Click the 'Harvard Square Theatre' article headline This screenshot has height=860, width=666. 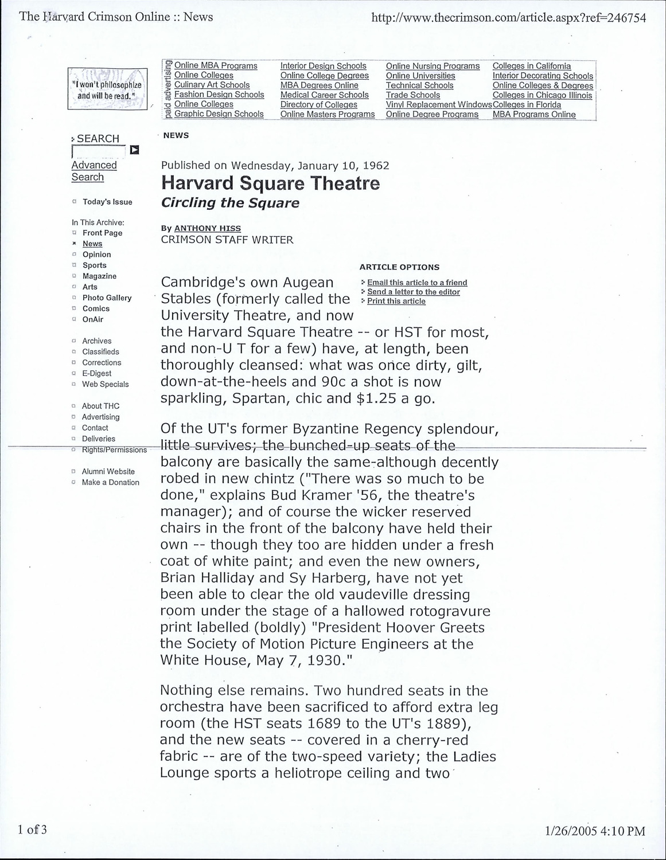[x=270, y=183]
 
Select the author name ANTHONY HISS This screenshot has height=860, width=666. [x=207, y=228]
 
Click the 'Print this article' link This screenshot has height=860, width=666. [x=396, y=301]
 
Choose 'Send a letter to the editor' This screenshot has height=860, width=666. [x=414, y=292]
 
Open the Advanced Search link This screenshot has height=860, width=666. [x=94, y=171]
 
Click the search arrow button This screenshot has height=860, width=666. [x=134, y=150]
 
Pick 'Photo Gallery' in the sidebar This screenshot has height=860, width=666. [x=107, y=298]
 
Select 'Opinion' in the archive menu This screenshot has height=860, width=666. [x=96, y=255]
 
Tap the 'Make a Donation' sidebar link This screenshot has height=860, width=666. [x=110, y=482]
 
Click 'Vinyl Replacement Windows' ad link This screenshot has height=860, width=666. [x=439, y=104]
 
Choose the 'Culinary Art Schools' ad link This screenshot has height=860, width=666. [x=212, y=85]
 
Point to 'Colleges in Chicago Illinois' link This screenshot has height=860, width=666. [x=542, y=95]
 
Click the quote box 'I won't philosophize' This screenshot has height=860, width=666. [x=107, y=89]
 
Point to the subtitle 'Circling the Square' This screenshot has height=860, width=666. [x=230, y=203]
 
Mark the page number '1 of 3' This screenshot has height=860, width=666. [x=32, y=830]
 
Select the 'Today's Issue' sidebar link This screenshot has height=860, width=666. [x=107, y=202]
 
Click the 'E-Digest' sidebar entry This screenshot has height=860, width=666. [x=96, y=373]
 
